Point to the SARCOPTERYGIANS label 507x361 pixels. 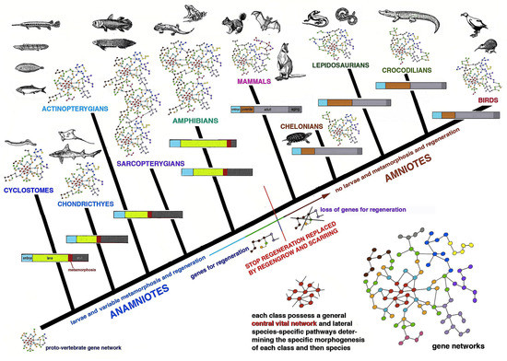tap(152, 166)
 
